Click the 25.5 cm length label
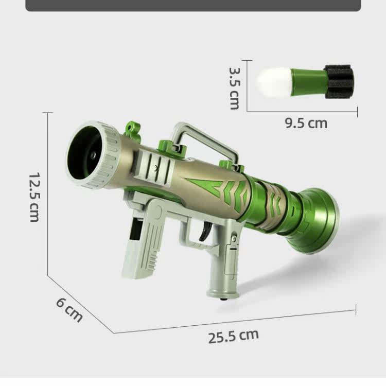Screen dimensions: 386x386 click(233, 336)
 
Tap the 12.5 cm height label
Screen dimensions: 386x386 click(34, 197)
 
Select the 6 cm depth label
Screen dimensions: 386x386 click(69, 310)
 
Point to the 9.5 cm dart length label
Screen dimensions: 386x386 click(306, 123)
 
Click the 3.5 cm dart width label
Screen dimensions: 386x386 click(234, 89)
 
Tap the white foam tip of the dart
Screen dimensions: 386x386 click(274, 82)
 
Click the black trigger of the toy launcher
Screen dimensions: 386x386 click(205, 231)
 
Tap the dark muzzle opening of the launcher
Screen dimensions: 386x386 click(84, 153)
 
